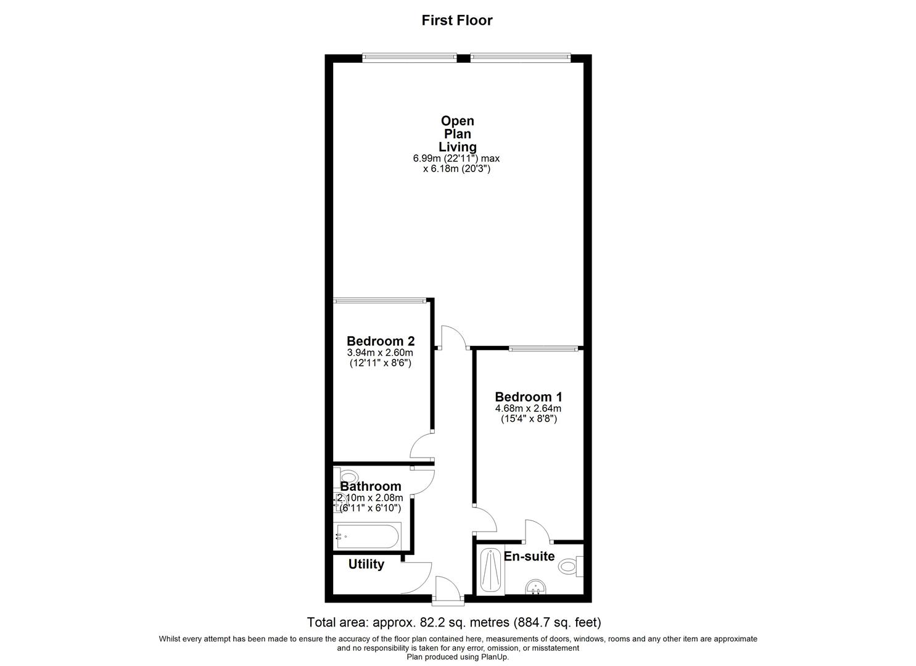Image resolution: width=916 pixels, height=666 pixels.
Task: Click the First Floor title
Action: [456, 20]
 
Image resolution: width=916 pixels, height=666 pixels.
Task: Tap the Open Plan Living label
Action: [457, 134]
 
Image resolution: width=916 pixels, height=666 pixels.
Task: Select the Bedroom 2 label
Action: [380, 341]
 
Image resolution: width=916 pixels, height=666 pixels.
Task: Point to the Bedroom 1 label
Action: [528, 397]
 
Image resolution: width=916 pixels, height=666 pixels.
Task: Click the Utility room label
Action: [366, 564]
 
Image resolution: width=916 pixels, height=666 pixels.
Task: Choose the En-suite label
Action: [529, 556]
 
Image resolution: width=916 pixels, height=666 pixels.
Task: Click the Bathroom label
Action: [370, 487]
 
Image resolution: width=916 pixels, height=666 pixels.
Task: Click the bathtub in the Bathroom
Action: [368, 536]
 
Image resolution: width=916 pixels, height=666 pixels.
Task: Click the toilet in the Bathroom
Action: [348, 477]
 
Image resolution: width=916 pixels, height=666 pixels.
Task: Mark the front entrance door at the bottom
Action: [447, 590]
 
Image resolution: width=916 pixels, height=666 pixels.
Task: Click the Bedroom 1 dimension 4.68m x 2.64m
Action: [528, 408]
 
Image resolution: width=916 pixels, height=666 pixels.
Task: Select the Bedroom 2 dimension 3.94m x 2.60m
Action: [380, 353]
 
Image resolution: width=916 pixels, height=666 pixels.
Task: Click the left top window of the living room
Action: [410, 57]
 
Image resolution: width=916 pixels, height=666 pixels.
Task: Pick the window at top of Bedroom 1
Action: [543, 348]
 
